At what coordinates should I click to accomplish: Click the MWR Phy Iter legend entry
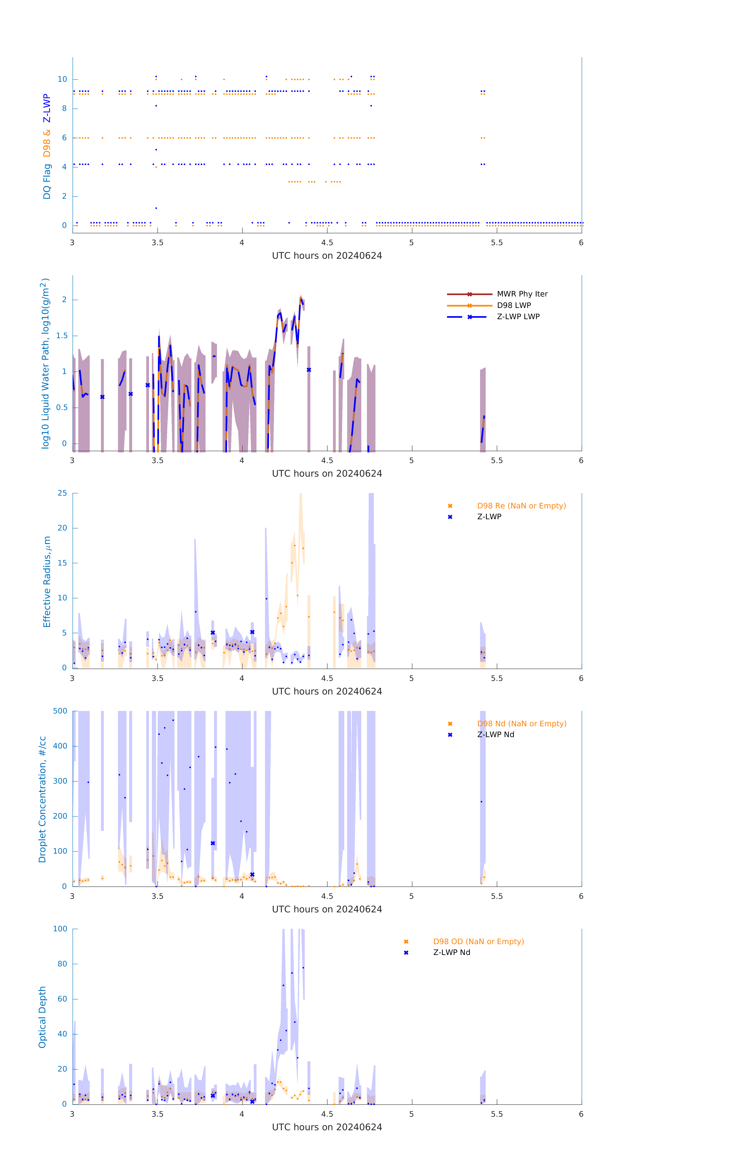pos(522,294)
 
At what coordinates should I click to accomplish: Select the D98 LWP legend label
pos(514,305)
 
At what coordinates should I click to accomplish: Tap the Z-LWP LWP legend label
pos(518,317)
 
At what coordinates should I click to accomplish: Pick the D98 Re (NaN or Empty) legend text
pos(521,506)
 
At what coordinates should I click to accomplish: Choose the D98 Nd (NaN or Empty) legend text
pos(522,724)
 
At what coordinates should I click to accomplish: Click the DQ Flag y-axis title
pos(46,146)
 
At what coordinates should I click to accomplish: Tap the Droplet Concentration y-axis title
pos(42,799)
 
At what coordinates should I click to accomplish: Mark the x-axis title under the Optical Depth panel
pos(327,1127)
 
